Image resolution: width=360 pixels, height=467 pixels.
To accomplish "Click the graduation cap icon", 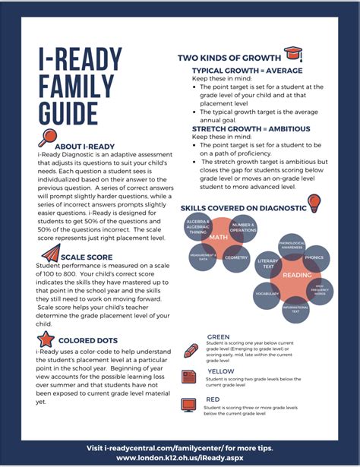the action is click(292, 55).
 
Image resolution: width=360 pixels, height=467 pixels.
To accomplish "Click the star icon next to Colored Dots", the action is click(45, 339).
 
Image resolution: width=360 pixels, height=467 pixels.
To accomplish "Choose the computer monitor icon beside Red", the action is click(190, 405).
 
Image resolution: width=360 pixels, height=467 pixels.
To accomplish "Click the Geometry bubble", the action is click(236, 257).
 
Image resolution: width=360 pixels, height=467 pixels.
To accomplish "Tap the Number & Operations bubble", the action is click(243, 226).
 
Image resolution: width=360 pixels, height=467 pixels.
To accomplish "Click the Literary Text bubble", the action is click(268, 261).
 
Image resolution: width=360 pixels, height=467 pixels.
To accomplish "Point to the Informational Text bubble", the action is click(295, 309).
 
